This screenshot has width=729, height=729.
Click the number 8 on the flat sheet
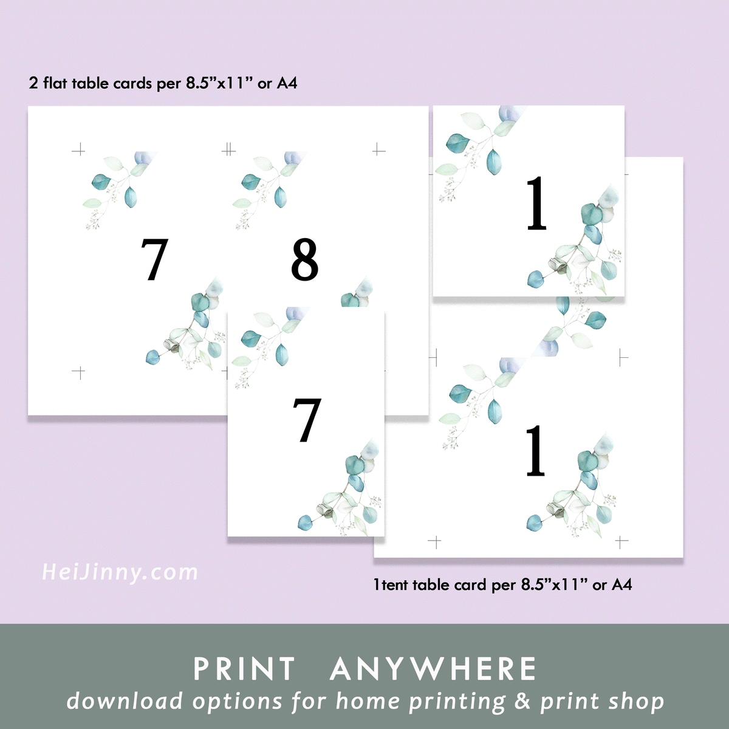tap(304, 259)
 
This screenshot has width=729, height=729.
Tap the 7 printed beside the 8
tap(154, 259)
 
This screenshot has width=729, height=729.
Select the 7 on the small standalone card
tap(307, 420)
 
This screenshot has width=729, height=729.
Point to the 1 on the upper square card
tap(536, 204)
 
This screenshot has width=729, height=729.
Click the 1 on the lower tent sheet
tap(535, 450)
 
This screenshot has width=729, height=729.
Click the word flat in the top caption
tap(55, 83)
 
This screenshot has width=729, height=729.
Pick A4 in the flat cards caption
tap(287, 83)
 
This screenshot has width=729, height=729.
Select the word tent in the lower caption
tap(395, 585)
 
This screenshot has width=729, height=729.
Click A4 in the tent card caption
tap(621, 585)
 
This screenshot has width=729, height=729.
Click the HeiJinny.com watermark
tap(120, 572)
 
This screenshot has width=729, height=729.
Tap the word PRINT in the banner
tap(244, 669)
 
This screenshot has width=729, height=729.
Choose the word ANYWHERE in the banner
tap(433, 669)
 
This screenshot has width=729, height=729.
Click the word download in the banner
tap(125, 701)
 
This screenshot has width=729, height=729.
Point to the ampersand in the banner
tap(522, 702)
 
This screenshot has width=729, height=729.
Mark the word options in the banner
tap(238, 702)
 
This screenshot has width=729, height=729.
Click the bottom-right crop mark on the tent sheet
tap(621, 541)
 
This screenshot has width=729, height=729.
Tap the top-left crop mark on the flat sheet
tap(78, 149)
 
